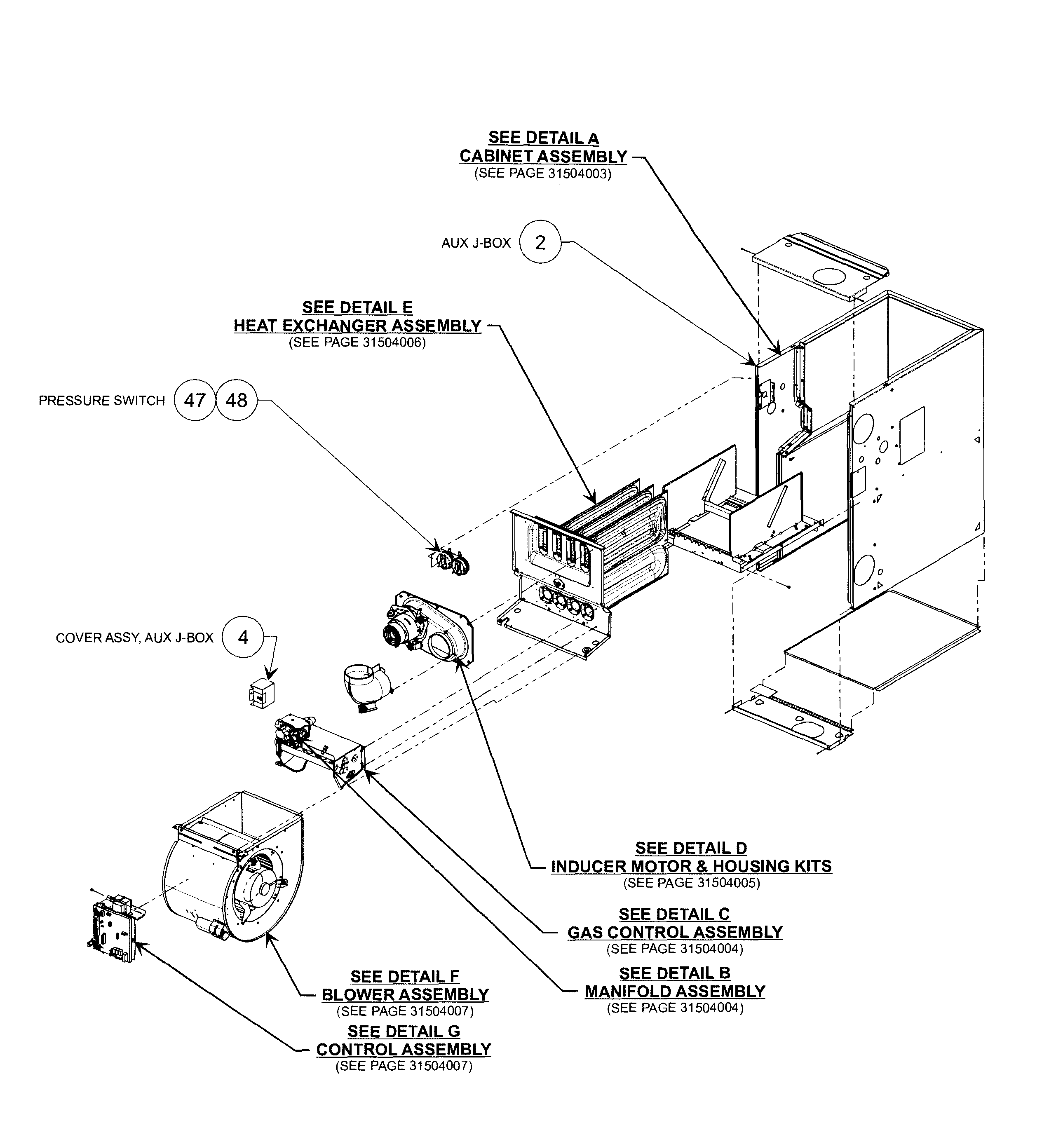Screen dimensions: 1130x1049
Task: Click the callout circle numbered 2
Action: tap(540, 242)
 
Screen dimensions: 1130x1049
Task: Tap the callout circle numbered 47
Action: tap(195, 400)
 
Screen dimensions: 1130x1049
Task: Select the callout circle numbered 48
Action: tap(236, 400)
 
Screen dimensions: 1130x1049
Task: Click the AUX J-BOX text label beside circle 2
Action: tap(476, 243)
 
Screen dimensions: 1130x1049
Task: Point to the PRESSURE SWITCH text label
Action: tap(102, 401)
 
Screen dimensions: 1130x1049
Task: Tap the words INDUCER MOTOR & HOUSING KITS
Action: tap(691, 866)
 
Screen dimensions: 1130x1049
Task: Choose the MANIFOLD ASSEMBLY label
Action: tap(674, 991)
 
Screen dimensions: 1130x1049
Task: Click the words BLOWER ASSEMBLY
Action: tap(405, 994)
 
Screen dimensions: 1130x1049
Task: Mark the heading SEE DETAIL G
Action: tap(404, 1031)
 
